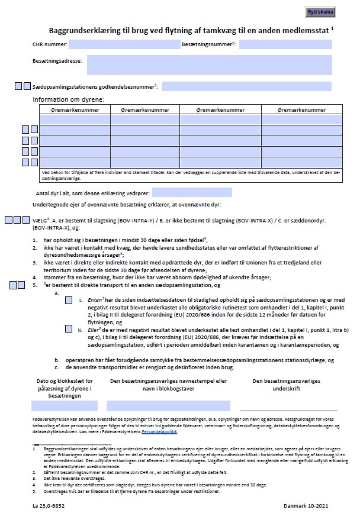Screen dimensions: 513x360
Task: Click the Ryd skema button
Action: [322, 11]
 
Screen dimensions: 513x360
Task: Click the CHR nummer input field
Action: [124, 44]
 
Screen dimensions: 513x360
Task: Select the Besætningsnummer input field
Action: [285, 44]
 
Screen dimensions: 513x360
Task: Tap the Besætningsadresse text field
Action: [209, 64]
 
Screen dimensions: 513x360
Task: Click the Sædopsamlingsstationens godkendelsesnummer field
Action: [246, 86]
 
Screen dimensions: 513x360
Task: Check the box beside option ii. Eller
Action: [69, 328]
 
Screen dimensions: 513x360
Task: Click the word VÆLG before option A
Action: [40, 220]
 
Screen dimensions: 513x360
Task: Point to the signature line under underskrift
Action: [288, 409]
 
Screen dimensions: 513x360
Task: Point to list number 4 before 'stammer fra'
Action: [34, 277]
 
